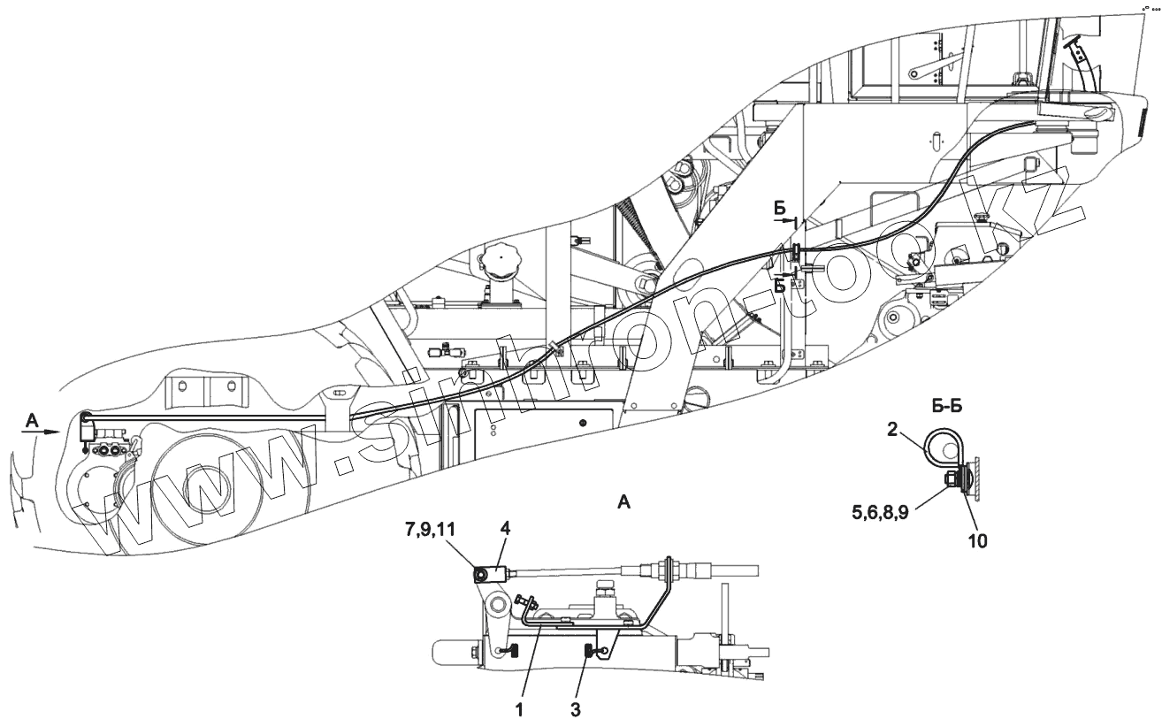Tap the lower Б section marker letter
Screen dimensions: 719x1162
(x=780, y=286)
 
